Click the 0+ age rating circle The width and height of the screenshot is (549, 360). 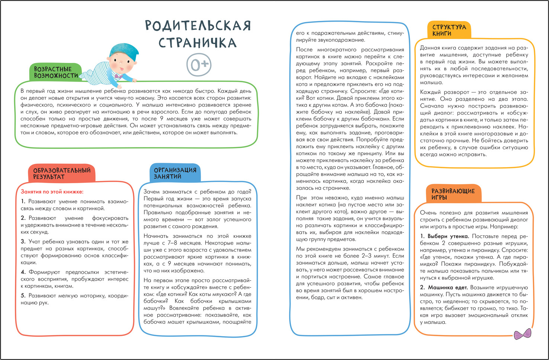(x=199, y=64)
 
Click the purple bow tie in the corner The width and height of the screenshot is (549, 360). (x=522, y=334)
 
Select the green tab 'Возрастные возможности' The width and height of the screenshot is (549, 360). (x=56, y=72)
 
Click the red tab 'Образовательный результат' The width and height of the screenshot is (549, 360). (x=62, y=173)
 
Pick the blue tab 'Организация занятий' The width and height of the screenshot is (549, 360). (x=175, y=173)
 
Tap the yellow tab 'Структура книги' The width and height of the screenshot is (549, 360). (x=449, y=30)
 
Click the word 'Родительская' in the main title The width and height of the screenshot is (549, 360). (x=198, y=26)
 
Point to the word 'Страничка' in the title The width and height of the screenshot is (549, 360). (x=198, y=42)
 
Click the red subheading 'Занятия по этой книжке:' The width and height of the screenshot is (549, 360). (x=52, y=192)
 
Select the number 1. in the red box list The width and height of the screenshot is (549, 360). (x=23, y=201)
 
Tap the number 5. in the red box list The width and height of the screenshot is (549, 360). (x=23, y=296)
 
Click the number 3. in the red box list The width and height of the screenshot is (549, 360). (x=23, y=242)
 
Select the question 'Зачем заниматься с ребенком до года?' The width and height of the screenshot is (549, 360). (x=197, y=192)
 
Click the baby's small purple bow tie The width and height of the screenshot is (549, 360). (x=119, y=76)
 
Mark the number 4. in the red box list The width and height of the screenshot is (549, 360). (x=23, y=272)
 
